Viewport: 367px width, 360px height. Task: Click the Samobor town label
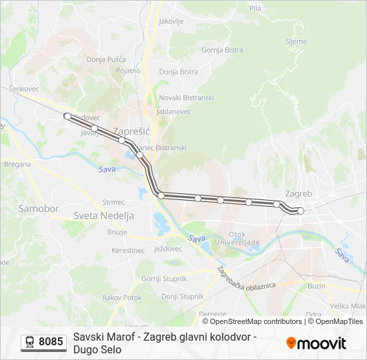39,209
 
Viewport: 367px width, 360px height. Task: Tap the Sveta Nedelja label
103,216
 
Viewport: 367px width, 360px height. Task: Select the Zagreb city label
298,193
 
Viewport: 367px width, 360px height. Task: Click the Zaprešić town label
131,131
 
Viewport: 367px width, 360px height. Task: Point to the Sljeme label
296,41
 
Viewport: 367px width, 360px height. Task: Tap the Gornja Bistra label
222,50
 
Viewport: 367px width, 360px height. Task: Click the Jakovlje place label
171,21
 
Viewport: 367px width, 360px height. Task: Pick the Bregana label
17,164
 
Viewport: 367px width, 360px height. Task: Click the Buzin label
317,285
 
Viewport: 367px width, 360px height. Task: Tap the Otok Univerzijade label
244,239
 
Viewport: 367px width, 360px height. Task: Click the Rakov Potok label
122,297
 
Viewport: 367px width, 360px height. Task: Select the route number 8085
51,342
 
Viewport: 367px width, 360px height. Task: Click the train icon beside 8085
30,342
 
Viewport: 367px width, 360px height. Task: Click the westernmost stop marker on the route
67,116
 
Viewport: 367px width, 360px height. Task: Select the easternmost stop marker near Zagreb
300,211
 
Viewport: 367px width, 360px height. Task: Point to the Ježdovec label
167,249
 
